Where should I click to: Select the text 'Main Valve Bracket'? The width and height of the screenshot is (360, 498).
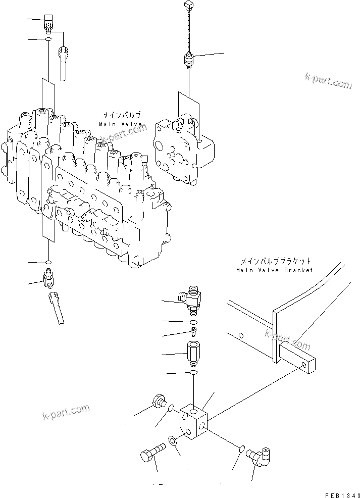(274, 270)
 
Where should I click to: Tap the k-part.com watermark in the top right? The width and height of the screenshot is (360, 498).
(328, 80)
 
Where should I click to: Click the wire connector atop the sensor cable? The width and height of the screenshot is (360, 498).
(189, 7)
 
